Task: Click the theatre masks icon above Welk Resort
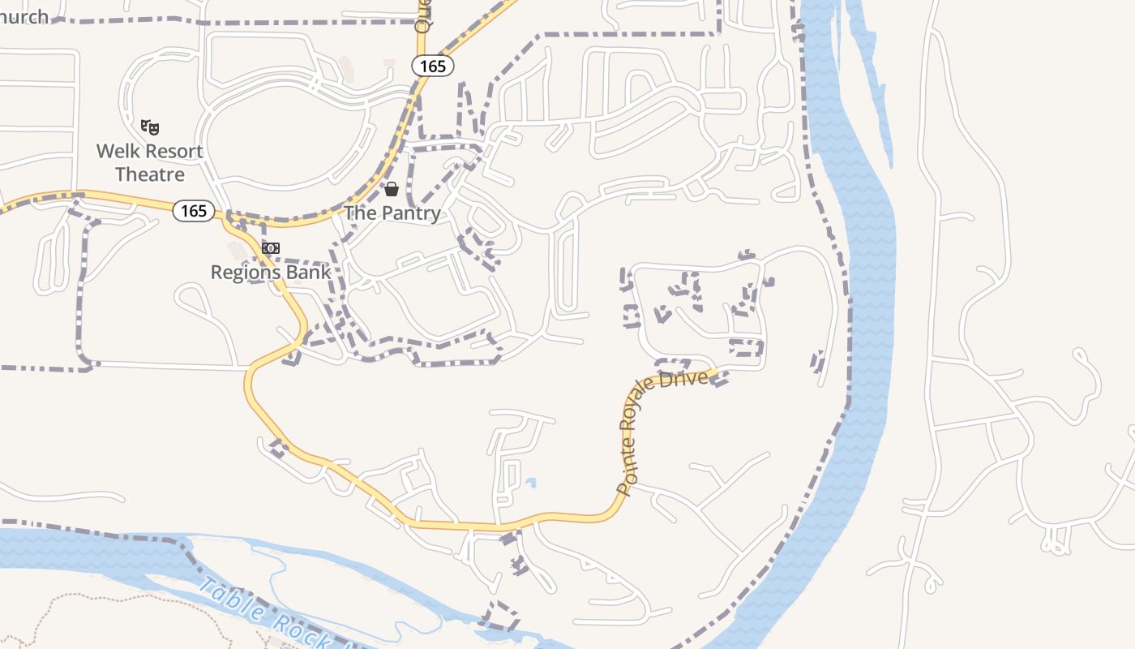[149, 127]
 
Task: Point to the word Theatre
[149, 174]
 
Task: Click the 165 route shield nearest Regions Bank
[194, 211]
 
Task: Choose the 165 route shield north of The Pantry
[433, 66]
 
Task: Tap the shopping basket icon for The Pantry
[392, 189]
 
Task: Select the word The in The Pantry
[360, 213]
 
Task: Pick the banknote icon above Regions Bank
[271, 247]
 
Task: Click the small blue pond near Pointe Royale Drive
[530, 484]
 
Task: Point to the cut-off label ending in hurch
[24, 16]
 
